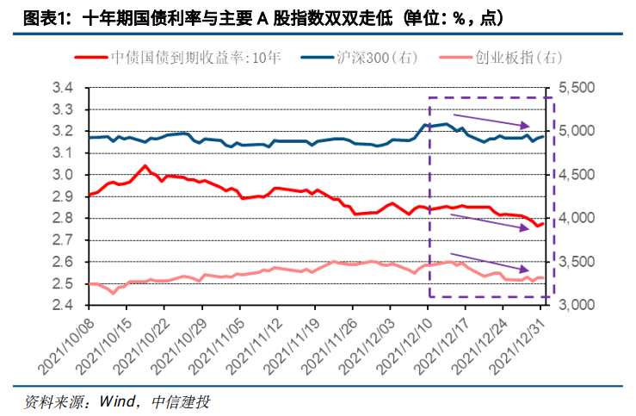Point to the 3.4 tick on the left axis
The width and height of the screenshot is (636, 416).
point(63,88)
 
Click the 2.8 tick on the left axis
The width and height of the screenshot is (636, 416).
point(63,218)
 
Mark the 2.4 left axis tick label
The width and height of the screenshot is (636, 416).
point(63,305)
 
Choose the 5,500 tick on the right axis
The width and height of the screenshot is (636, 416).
point(576,88)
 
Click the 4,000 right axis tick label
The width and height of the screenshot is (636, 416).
point(576,218)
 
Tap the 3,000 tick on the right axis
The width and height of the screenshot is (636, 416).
point(576,305)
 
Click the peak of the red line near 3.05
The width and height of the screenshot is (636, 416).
point(145,165)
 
